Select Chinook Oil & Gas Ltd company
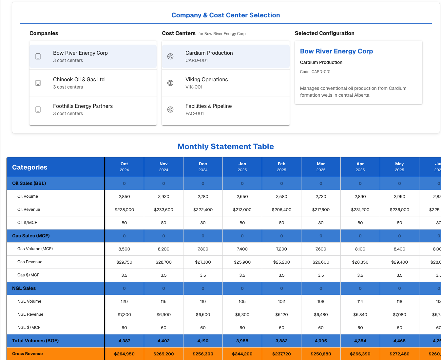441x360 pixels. [79, 83]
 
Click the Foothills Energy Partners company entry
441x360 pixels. [83, 109]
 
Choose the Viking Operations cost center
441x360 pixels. [206, 83]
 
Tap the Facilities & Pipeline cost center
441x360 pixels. [208, 109]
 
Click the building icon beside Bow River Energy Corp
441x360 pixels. [38, 56]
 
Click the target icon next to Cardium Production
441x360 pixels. [170, 56]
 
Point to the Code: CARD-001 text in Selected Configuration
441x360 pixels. [315, 72]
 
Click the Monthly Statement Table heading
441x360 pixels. [225, 147]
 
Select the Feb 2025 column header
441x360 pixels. [281, 167]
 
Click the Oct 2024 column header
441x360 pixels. [124, 167]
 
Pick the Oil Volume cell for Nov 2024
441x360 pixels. [163, 197]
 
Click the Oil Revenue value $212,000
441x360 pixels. [242, 210]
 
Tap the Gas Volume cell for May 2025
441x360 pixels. [399, 249]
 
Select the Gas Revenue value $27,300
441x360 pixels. [203, 262]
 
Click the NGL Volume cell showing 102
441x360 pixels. [281, 302]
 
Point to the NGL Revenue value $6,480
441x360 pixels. [321, 315]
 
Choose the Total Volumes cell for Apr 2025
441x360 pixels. [360, 341]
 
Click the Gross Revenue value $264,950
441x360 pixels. [124, 354]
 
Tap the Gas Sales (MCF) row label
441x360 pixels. [31, 236]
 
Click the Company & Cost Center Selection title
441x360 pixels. [225, 15]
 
